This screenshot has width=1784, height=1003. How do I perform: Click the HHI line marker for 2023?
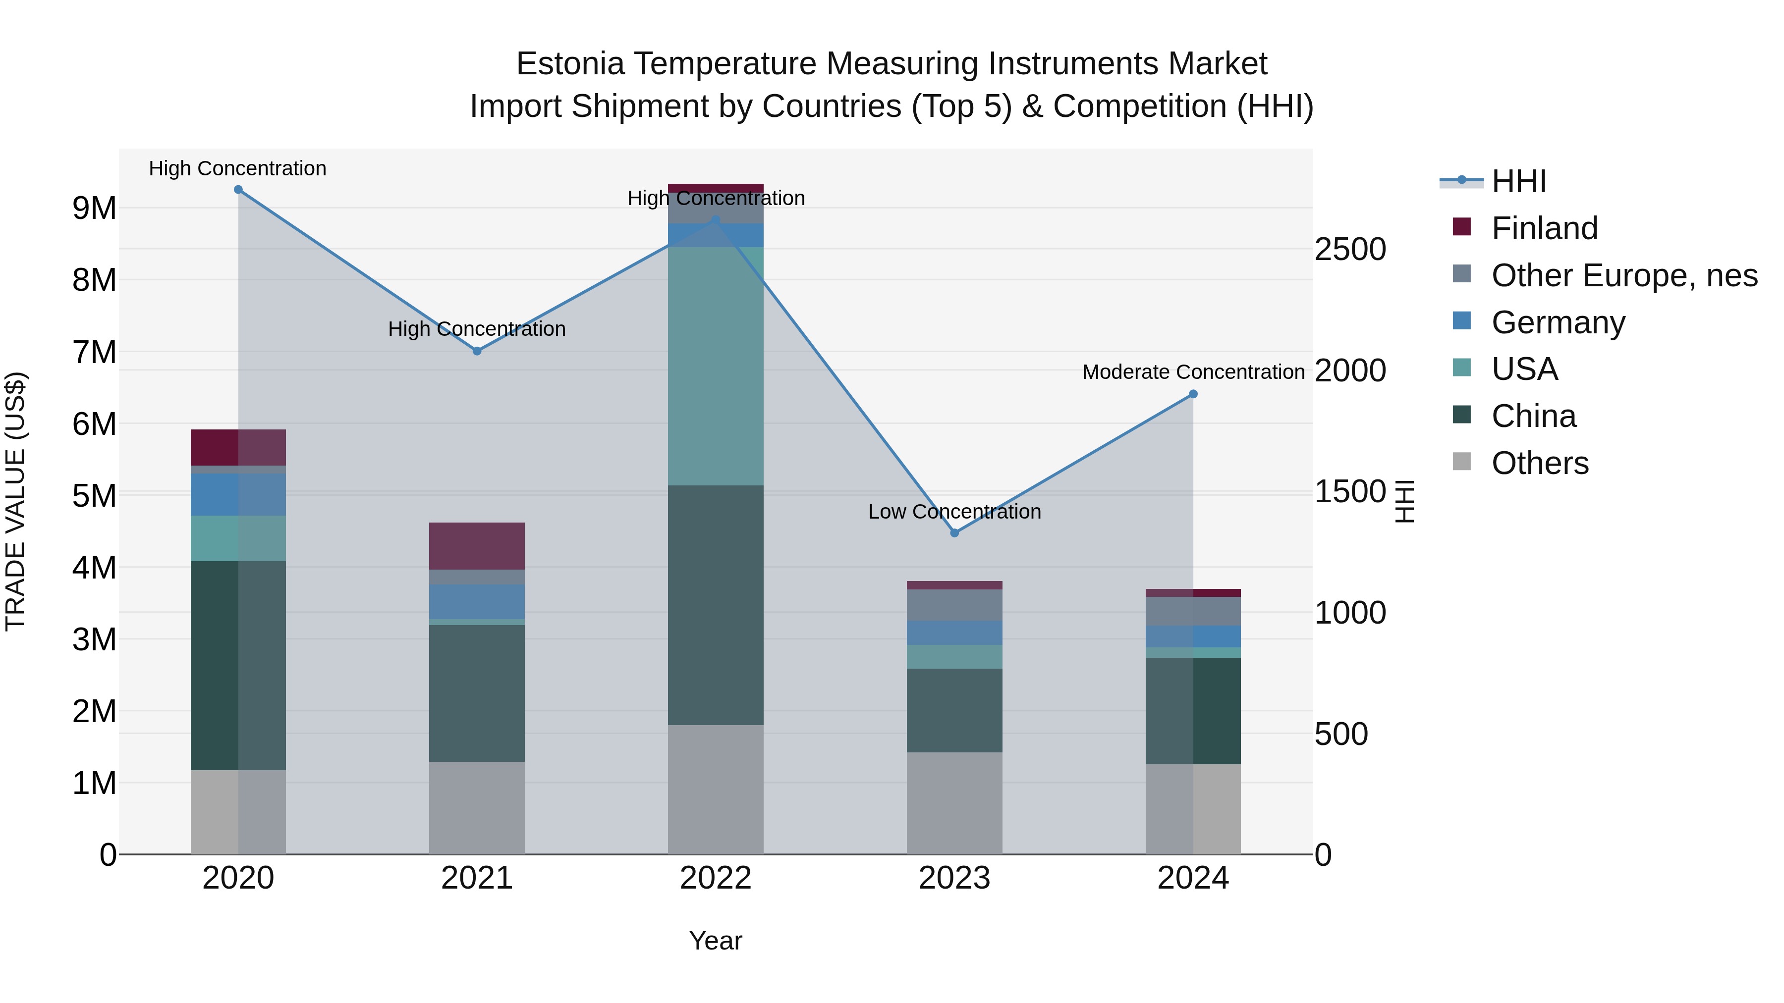(954, 533)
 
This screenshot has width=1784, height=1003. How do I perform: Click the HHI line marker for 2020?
(238, 190)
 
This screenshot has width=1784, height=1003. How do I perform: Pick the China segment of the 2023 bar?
(954, 710)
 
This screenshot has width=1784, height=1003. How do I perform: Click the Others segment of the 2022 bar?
(716, 790)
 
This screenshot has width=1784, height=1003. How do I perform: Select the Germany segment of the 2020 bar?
(238, 495)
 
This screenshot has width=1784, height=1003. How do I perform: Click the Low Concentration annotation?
(954, 512)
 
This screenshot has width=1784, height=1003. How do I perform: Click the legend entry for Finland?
(1544, 228)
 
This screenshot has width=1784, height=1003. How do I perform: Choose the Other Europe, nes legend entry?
(1624, 275)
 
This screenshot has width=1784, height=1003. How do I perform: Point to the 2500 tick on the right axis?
(1350, 250)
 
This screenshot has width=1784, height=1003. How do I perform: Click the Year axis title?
(716, 941)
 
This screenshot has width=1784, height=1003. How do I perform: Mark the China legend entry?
(1533, 417)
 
